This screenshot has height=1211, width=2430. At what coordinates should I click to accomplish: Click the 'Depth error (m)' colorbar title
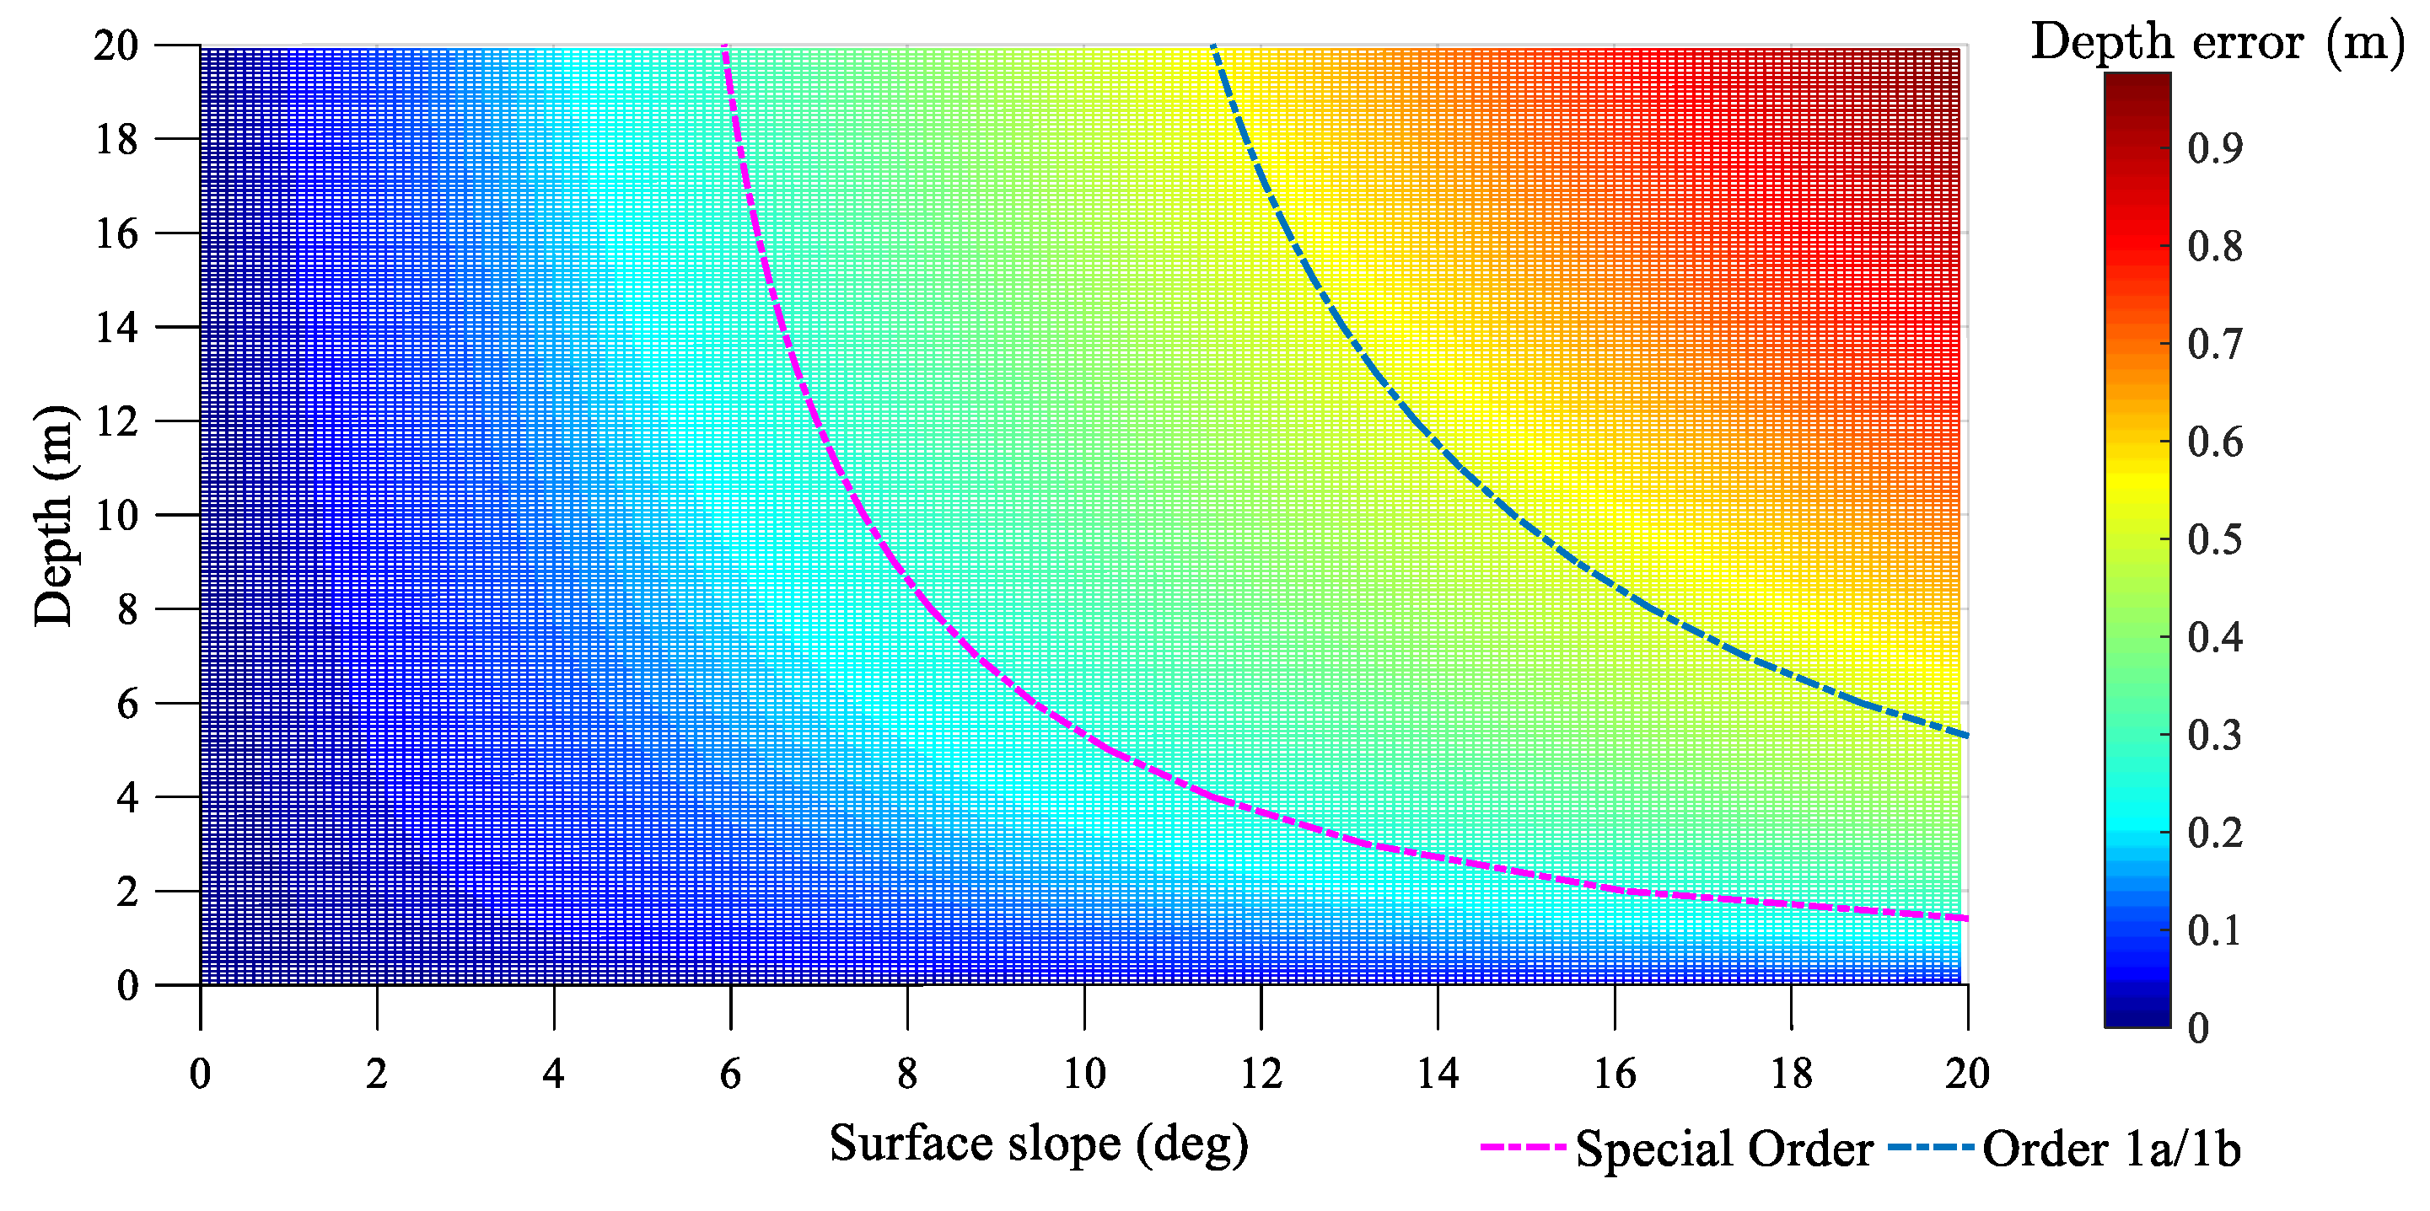coord(2216,42)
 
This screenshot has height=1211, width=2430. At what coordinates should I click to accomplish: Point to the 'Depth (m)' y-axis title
coord(54,515)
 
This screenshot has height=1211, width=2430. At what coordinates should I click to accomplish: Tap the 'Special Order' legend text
coord(1724,1149)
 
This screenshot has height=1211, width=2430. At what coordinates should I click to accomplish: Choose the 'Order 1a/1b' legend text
coord(2111,1149)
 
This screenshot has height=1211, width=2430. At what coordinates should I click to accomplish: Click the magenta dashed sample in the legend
coord(1524,1148)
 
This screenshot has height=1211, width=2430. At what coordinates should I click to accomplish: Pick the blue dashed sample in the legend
coord(1930,1148)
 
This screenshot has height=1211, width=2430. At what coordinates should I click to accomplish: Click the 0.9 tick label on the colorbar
coord(2215,148)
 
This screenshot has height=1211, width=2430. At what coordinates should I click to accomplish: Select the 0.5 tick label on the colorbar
coord(2215,539)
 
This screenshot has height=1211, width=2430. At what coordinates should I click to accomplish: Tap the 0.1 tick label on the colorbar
coord(2215,931)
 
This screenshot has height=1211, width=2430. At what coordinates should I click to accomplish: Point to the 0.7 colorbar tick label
coord(2215,344)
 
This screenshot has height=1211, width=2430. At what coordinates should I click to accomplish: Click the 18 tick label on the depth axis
coord(117,140)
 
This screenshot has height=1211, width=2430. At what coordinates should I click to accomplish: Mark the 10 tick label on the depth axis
coord(117,516)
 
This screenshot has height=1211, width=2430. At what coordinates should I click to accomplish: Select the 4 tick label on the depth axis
coord(127,798)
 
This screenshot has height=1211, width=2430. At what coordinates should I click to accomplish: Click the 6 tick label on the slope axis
coord(730,1074)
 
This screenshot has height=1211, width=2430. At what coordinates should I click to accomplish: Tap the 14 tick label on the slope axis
coord(1438,1074)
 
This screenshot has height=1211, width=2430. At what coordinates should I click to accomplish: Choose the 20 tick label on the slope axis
coord(1968,1074)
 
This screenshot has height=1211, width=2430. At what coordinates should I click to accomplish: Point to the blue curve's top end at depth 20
coord(1213,47)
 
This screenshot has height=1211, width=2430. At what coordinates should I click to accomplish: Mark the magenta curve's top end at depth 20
coord(724,47)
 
